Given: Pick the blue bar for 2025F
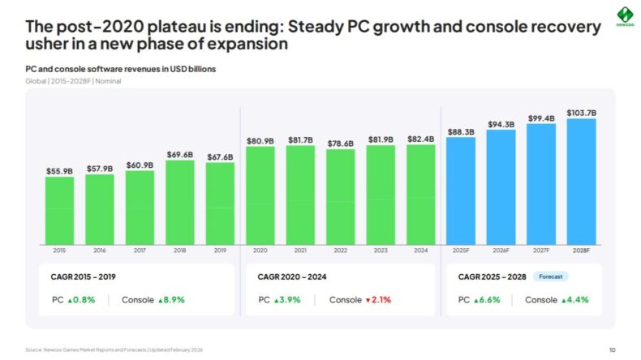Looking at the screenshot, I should click(460, 190).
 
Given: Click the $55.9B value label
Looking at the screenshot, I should click(59, 171).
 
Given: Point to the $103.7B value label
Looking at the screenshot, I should click(581, 112).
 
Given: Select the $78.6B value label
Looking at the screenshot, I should click(340, 143).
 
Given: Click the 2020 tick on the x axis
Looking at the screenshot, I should click(260, 251).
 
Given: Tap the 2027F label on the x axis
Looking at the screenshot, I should click(540, 251).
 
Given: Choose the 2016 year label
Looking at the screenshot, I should click(99, 251).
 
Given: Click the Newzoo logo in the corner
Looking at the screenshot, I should click(622, 16).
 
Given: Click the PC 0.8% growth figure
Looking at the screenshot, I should click(82, 300).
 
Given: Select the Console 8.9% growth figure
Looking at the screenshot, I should click(171, 300).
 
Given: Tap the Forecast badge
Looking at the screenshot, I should click(551, 276).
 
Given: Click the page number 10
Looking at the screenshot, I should click(612, 349).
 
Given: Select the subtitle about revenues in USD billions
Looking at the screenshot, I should click(120, 70).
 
